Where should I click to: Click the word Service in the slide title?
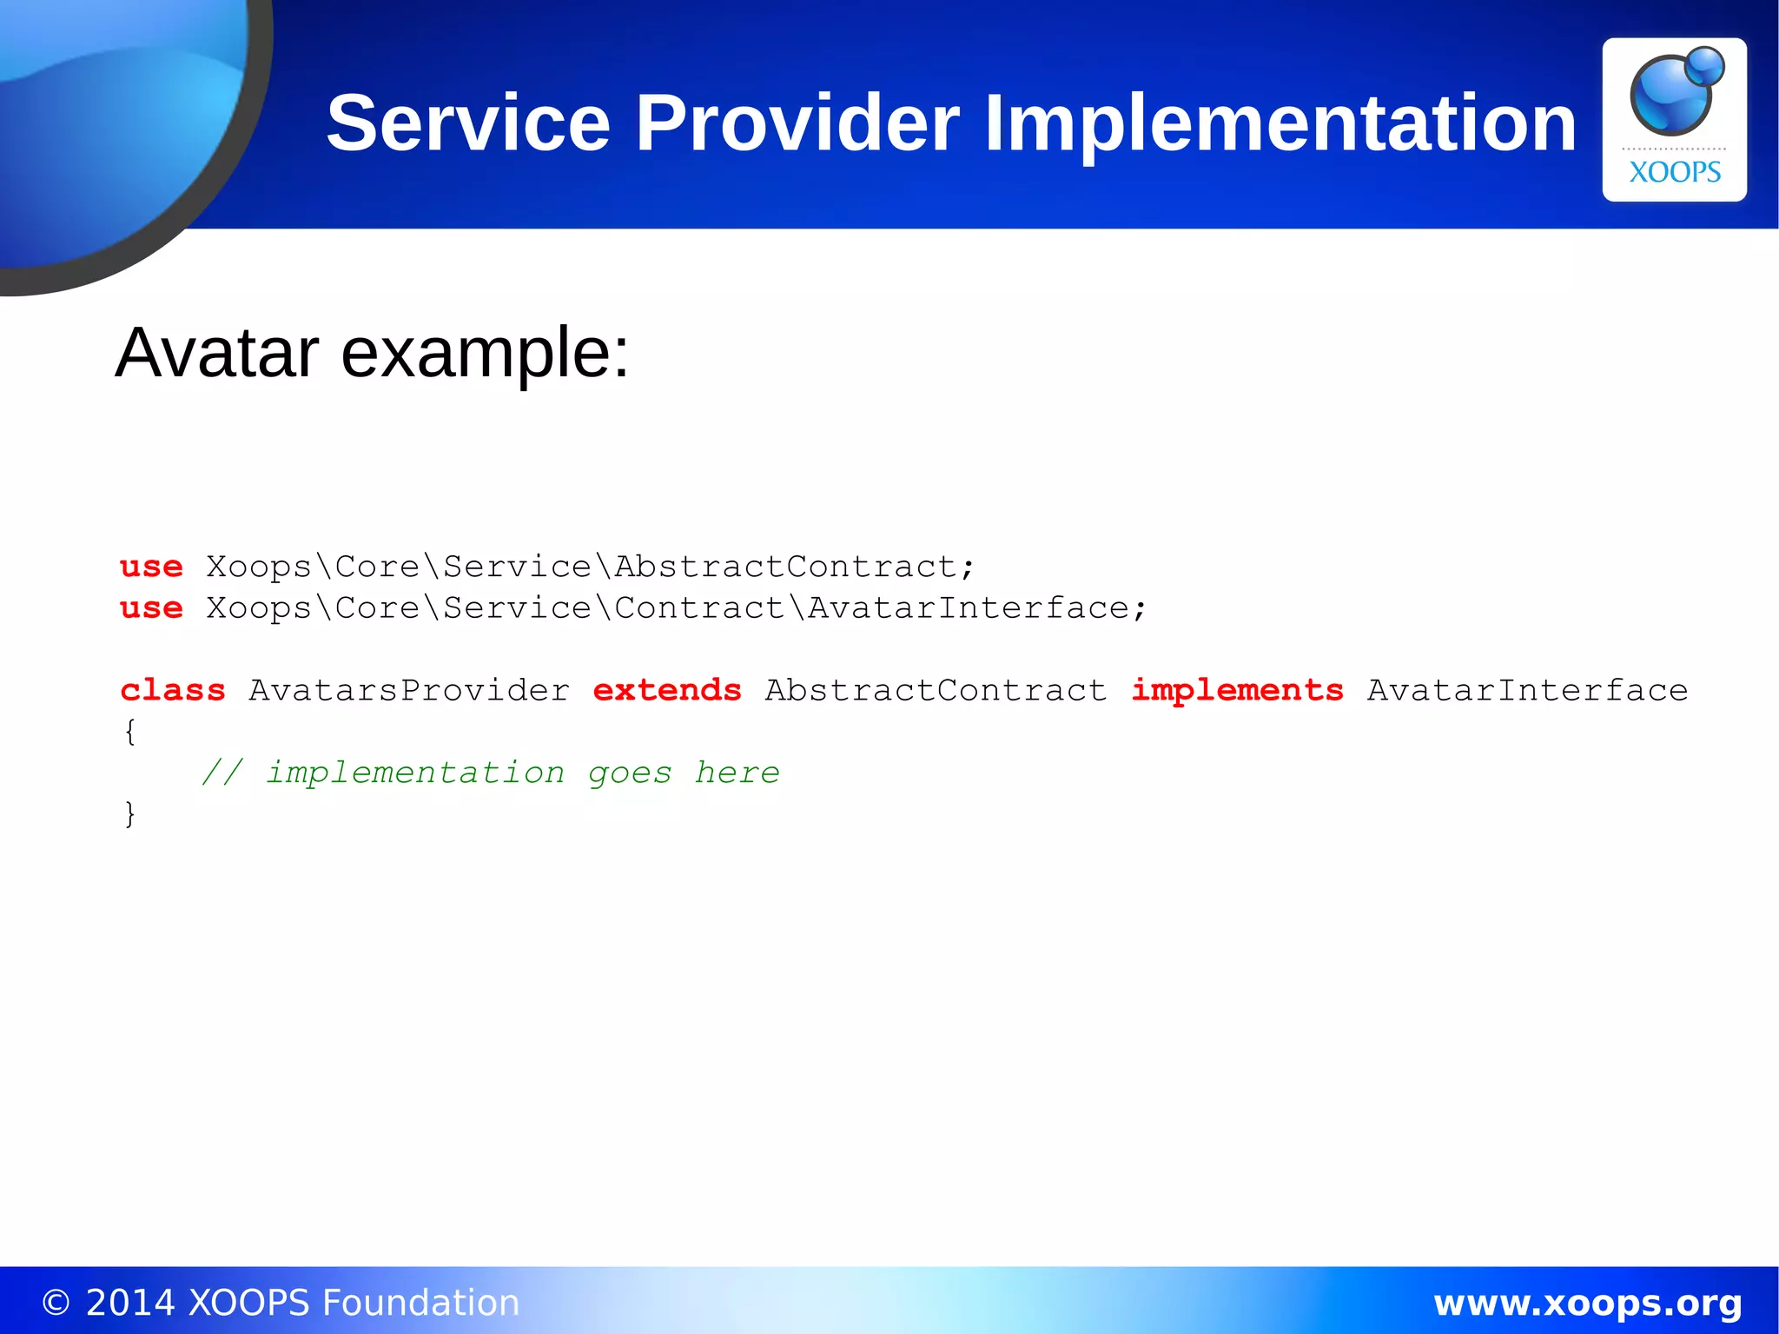[468, 123]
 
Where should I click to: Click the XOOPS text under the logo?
[1674, 172]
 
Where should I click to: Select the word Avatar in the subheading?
[216, 353]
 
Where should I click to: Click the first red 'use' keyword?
[151, 567]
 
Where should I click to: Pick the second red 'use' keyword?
[151, 608]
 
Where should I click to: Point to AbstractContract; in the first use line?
[794, 567]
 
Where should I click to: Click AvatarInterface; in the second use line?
[977, 608]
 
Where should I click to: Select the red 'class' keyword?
[172, 690]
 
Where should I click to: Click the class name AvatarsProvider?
[409, 690]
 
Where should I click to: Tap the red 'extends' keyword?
[666, 690]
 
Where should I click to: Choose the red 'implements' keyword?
[1236, 690]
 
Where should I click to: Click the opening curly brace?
[129, 732]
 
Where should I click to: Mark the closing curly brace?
[129, 814]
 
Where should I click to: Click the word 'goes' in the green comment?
[629, 773]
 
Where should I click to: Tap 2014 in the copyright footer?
[129, 1303]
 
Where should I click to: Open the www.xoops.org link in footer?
[1587, 1303]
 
